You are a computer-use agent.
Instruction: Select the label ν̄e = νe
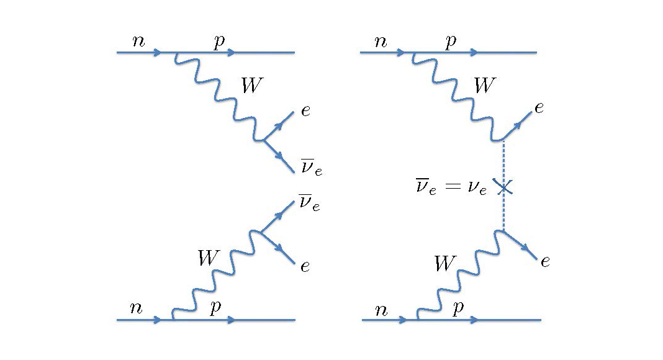point(452,187)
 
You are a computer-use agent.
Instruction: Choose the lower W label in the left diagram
point(208,258)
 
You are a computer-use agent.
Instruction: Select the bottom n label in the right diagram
point(381,310)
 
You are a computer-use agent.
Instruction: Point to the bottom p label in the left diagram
point(215,308)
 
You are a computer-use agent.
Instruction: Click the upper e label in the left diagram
point(305,112)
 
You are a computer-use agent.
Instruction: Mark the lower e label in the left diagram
point(305,267)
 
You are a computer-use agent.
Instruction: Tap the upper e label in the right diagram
point(539,108)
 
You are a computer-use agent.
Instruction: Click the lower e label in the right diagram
point(544,261)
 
